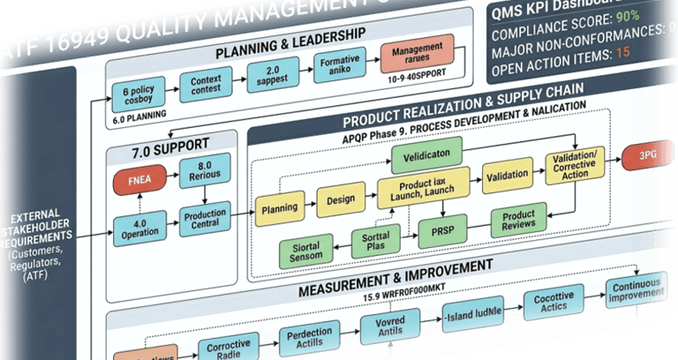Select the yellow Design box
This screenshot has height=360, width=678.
341,199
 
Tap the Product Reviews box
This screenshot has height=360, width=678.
519,221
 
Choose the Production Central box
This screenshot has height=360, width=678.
205,219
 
